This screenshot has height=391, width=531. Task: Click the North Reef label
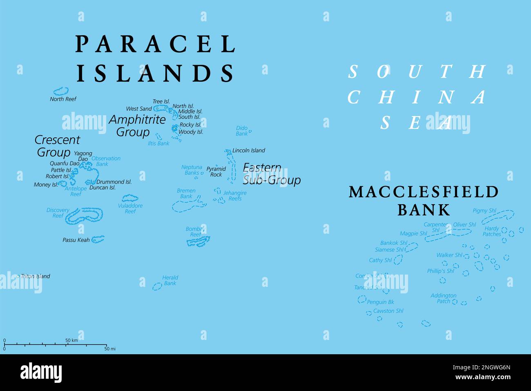click(x=63, y=99)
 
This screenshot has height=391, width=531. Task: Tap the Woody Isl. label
click(x=191, y=132)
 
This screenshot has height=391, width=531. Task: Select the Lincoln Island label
click(x=248, y=150)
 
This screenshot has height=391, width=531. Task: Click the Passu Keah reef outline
click(x=98, y=239)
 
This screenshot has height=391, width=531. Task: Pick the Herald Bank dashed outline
click(x=157, y=286)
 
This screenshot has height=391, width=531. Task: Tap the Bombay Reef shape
click(x=199, y=242)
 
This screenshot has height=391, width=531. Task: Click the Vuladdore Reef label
click(x=130, y=208)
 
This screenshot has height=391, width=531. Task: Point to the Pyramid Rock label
click(x=216, y=172)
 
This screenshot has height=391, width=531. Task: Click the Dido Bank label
click(x=242, y=131)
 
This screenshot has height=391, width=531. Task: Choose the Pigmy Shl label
click(x=484, y=211)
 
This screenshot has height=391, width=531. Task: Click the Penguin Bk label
click(x=380, y=302)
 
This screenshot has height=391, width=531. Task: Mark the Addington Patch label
click(x=443, y=298)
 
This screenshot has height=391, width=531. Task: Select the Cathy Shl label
click(x=380, y=260)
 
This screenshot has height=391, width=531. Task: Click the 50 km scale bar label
click(x=71, y=340)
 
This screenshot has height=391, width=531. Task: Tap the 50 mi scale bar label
click(x=110, y=349)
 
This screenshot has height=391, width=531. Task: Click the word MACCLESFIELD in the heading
click(x=424, y=192)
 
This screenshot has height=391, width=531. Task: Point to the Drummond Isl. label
click(x=114, y=182)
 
